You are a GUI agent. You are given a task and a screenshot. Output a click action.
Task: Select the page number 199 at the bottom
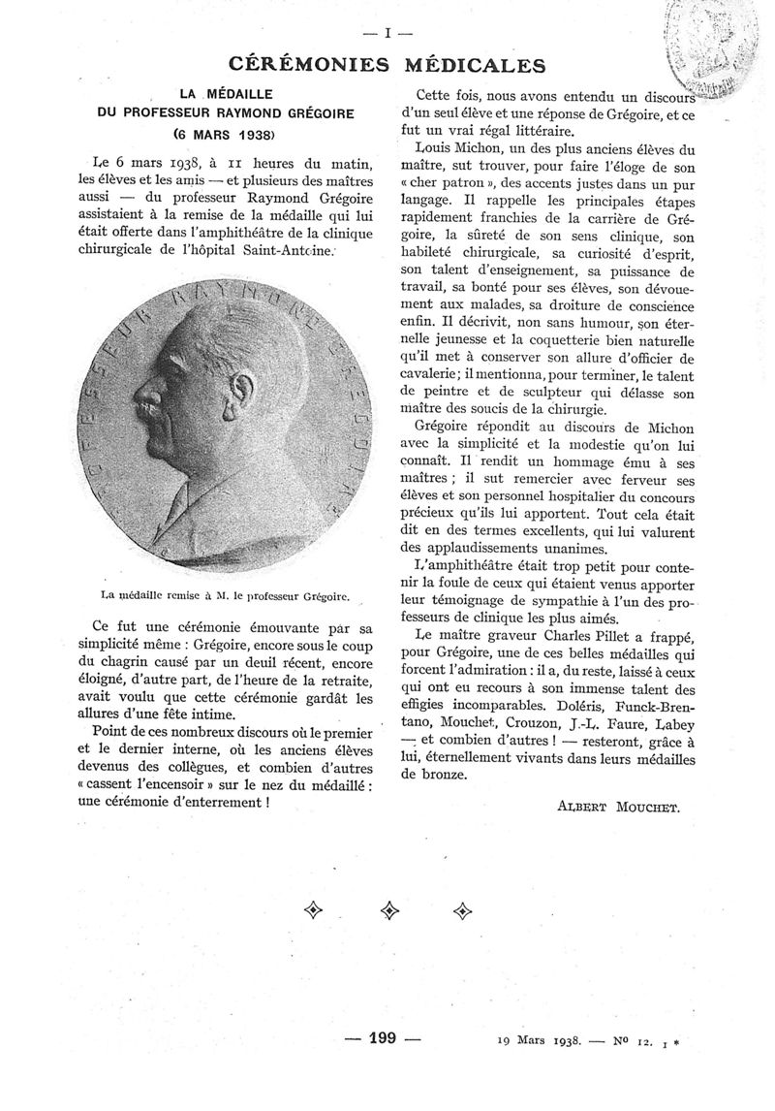tap(384, 1037)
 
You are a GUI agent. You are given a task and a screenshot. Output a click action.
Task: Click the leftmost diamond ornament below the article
tap(314, 909)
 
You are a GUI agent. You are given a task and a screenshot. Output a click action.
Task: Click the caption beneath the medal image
tap(224, 598)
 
